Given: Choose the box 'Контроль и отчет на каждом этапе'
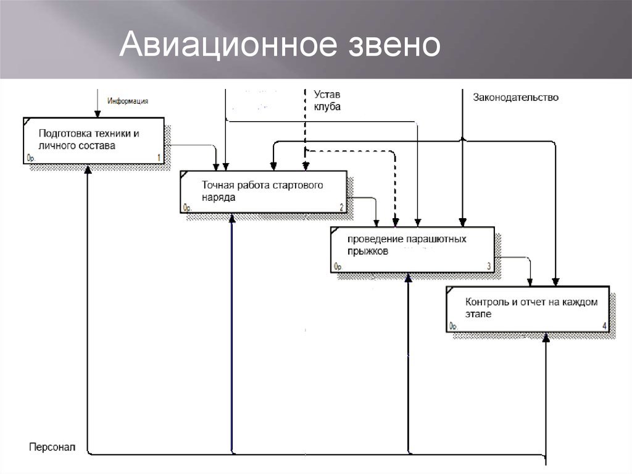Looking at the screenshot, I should (528, 309).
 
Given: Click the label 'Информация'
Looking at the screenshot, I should (128, 101).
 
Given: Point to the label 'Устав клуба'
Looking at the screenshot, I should (326, 101).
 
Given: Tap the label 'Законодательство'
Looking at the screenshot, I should (515, 97).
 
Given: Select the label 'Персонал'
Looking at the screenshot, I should (51, 446).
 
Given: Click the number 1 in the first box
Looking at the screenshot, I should (159, 158).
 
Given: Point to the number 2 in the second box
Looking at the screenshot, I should (341, 207).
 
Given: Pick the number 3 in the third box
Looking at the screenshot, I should (489, 266).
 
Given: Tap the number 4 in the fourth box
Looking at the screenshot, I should (604, 326).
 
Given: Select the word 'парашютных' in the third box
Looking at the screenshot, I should (430, 239).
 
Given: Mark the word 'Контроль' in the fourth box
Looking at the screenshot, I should (487, 303).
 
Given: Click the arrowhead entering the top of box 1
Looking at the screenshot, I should (96, 114).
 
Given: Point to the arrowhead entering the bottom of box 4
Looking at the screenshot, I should (546, 337).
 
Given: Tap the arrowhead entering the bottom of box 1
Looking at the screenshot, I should (88, 169).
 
